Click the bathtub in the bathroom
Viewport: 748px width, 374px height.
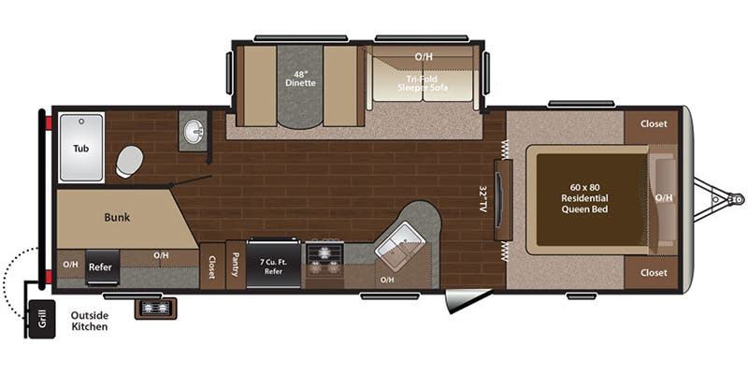(x=81, y=148)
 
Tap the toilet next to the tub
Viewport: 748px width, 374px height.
(x=129, y=162)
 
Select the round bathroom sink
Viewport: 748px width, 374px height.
(x=193, y=132)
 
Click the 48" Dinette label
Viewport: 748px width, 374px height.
(x=300, y=77)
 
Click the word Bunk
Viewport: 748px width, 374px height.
(x=117, y=217)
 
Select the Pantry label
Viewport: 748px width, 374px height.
(x=235, y=267)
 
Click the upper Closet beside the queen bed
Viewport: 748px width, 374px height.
(x=654, y=123)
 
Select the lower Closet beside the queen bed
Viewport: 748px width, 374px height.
(x=654, y=272)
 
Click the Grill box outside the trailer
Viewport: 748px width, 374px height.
(x=40, y=320)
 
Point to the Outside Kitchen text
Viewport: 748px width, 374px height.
(x=89, y=321)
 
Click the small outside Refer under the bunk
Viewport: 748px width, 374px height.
(x=101, y=266)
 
